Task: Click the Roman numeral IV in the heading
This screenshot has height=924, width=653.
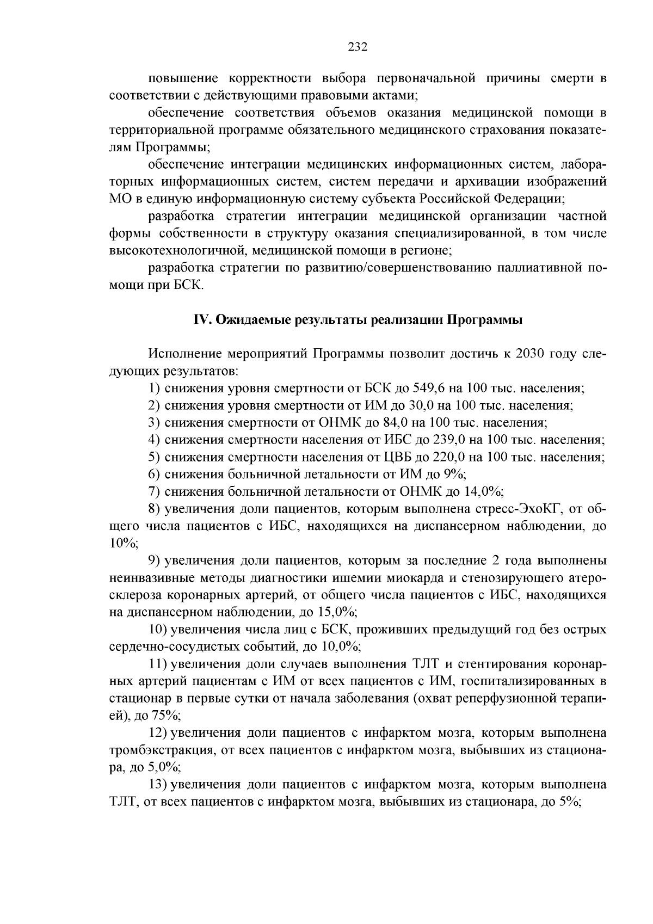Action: click(x=202, y=320)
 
